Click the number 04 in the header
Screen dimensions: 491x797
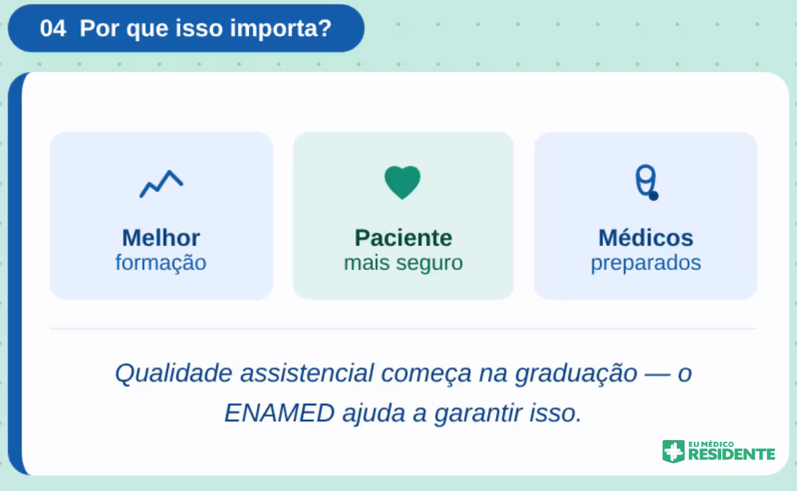click(x=53, y=28)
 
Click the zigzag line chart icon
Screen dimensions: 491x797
click(x=161, y=184)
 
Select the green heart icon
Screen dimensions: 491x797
click(x=403, y=182)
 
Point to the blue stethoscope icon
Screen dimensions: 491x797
click(x=646, y=183)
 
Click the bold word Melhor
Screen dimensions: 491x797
click(x=161, y=238)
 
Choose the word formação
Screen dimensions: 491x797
click(x=161, y=263)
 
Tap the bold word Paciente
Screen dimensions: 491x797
click(x=403, y=238)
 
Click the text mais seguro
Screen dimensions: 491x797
click(x=403, y=263)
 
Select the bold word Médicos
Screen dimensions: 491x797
click(x=646, y=238)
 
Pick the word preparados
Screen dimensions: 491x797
click(x=646, y=263)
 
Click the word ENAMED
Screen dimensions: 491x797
click(x=279, y=413)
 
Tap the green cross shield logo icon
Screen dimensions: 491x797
click(x=673, y=451)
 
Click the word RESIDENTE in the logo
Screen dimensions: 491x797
click(x=731, y=455)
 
